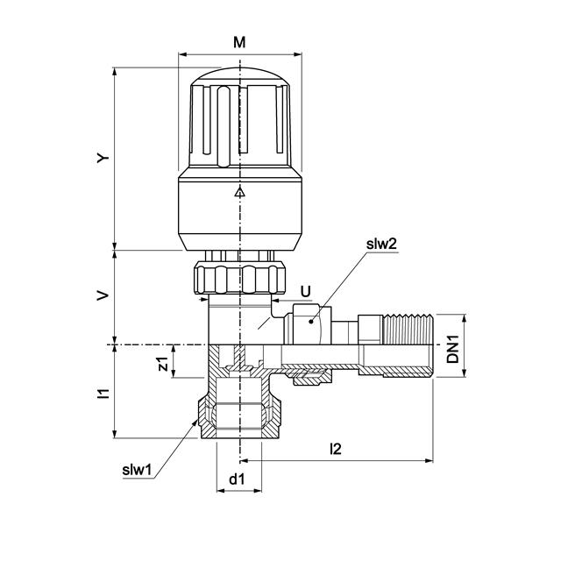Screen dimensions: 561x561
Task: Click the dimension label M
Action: tap(240, 42)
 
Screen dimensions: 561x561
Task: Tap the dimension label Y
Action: tap(103, 159)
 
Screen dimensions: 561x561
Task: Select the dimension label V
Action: tap(103, 297)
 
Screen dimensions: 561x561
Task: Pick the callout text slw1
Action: tap(138, 470)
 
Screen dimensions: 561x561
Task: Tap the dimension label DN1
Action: tap(452, 346)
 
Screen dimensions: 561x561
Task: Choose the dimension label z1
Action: tap(162, 362)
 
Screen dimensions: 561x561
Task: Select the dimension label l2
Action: tap(336, 449)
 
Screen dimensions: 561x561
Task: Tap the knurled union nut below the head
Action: tap(240, 277)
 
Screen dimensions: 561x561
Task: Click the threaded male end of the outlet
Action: tap(408, 345)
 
